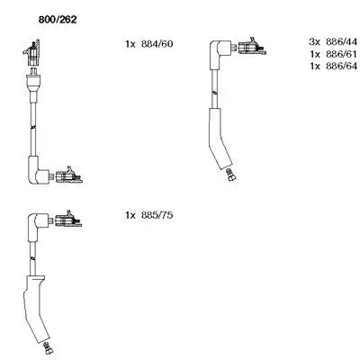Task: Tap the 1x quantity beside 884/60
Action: point(129,44)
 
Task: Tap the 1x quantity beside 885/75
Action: point(129,216)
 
